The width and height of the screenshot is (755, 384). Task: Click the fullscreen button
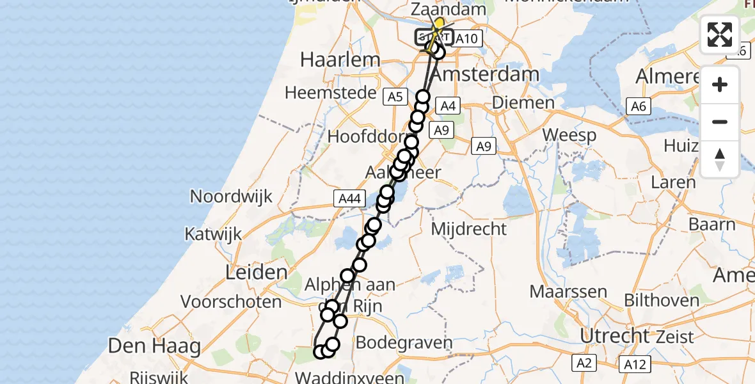pyautogui.click(x=720, y=35)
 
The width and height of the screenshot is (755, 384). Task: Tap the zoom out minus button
pyautogui.click(x=720, y=122)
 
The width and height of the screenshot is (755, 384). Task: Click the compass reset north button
pyautogui.click(x=720, y=159)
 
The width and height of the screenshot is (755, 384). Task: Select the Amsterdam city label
pyautogui.click(x=485, y=74)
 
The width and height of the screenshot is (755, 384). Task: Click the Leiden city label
pyautogui.click(x=256, y=273)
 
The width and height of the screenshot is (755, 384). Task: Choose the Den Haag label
pyautogui.click(x=154, y=346)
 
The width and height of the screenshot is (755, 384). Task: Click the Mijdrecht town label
pyautogui.click(x=469, y=228)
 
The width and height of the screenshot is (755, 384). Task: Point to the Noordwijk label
pyautogui.click(x=231, y=196)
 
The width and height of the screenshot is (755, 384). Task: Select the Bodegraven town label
pyautogui.click(x=403, y=342)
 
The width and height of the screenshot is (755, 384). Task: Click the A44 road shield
pyautogui.click(x=349, y=198)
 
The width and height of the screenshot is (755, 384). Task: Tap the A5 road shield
pyautogui.click(x=394, y=97)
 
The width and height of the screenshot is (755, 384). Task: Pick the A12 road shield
pyautogui.click(x=635, y=364)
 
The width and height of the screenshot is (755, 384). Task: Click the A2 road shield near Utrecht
pyautogui.click(x=584, y=364)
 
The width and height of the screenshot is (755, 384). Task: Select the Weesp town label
pyautogui.click(x=569, y=136)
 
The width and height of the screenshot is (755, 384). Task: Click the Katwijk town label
pyautogui.click(x=214, y=234)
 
